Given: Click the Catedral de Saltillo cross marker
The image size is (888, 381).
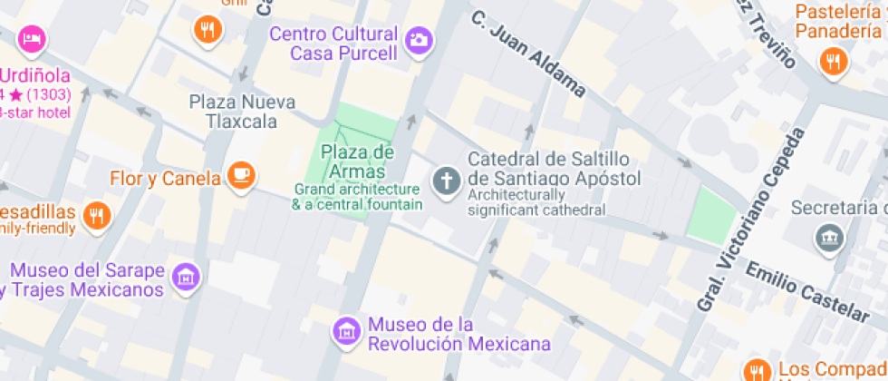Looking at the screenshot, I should click(x=445, y=180).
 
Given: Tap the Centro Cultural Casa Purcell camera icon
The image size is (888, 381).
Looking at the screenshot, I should click(x=419, y=39).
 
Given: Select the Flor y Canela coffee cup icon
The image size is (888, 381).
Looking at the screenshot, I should click(x=240, y=175).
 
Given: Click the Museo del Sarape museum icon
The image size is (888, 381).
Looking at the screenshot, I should click(x=187, y=276).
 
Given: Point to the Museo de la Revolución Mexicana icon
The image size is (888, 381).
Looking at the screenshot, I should click(x=345, y=330).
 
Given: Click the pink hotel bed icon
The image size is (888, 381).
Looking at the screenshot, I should click(x=33, y=39).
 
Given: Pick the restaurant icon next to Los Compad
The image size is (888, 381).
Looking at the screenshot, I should click(x=757, y=371).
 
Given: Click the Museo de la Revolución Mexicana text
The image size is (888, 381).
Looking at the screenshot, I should click(x=458, y=335).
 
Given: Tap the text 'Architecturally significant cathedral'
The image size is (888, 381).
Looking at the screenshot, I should click(x=536, y=202).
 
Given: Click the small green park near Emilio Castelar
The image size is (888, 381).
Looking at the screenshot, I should click(x=712, y=216).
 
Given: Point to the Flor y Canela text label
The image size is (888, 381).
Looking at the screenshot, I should click(x=165, y=178).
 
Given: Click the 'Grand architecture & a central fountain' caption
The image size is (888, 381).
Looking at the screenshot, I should click(x=356, y=197).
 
